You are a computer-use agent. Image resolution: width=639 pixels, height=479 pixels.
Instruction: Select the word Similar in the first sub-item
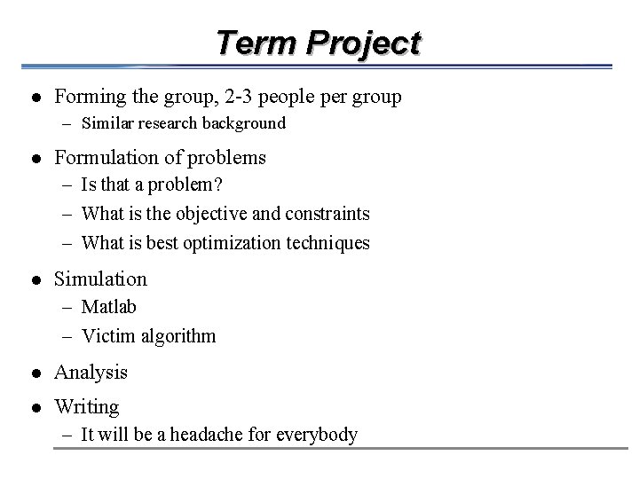(106, 124)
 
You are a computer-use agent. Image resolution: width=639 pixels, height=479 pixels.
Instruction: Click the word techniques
(328, 242)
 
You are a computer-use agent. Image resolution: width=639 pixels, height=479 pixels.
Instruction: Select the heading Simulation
(100, 279)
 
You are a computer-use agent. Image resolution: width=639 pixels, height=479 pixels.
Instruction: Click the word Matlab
(108, 307)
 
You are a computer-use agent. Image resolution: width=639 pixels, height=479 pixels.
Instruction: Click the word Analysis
(91, 373)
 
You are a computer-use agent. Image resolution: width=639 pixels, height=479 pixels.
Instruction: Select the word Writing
(87, 407)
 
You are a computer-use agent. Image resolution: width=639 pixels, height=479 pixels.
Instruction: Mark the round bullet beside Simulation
(34, 280)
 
